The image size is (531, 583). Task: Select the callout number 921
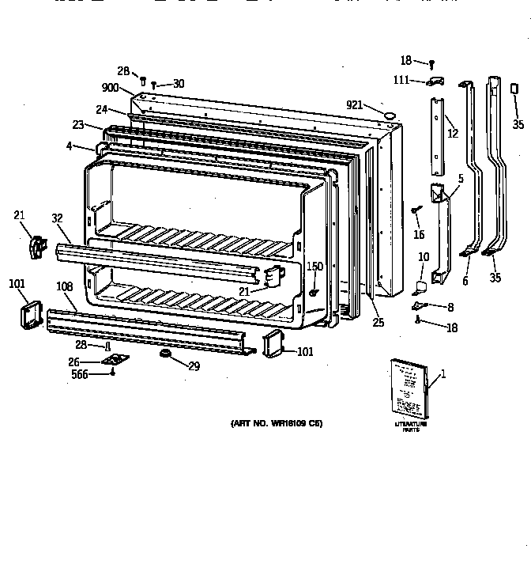point(355,104)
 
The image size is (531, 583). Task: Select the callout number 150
point(314,267)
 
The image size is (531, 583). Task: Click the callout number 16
point(420,234)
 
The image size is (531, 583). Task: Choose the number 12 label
point(452,133)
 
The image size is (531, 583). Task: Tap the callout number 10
point(424,257)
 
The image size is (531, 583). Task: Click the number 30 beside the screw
point(179,84)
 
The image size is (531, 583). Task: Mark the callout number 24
point(102,110)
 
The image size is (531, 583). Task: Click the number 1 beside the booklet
point(442,374)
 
